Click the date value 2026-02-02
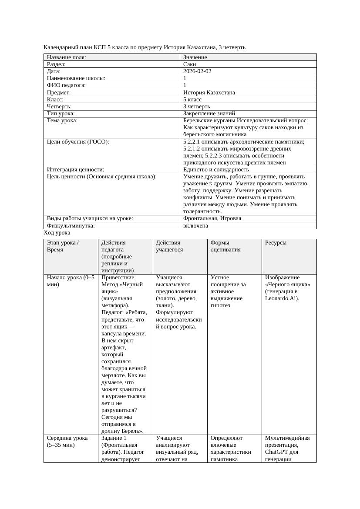click(x=197, y=71)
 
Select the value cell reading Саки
click(x=190, y=64)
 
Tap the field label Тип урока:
click(x=61, y=114)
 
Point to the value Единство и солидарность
click(x=216, y=170)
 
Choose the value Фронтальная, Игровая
click(x=212, y=218)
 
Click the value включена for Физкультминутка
click(x=195, y=226)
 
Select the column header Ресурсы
click(x=276, y=243)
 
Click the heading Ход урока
click(x=57, y=233)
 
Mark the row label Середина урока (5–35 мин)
click(x=67, y=442)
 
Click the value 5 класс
click(x=192, y=100)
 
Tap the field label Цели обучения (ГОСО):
click(x=77, y=141)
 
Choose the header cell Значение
click(x=195, y=57)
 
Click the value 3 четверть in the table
click(x=196, y=107)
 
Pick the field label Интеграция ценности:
click(x=75, y=170)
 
